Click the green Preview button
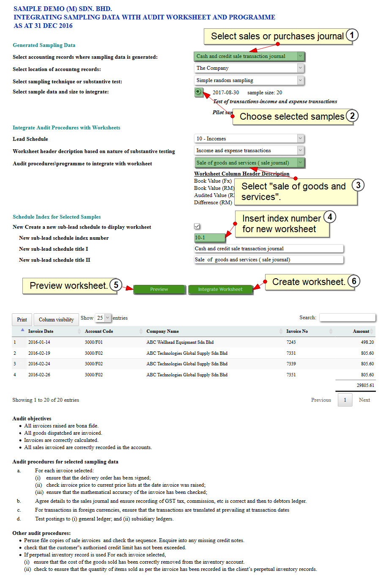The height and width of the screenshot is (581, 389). (159, 289)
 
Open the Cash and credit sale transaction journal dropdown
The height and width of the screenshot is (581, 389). (249, 56)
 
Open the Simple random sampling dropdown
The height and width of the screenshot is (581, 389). (249, 80)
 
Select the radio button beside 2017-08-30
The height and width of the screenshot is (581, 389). (198, 92)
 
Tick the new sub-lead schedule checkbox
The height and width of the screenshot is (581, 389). (197, 227)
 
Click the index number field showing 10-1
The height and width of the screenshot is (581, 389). (209, 238)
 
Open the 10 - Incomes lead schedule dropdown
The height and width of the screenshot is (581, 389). (249, 139)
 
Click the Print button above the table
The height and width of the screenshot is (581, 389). (22, 320)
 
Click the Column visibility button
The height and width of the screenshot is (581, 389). (56, 320)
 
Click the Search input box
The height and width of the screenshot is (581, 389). (347, 318)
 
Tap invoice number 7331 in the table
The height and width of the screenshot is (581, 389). (291, 353)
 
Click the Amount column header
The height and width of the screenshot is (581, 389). (361, 332)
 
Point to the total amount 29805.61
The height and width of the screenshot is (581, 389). (365, 385)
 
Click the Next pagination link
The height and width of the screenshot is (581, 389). (364, 400)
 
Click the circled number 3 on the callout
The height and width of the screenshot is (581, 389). (358, 185)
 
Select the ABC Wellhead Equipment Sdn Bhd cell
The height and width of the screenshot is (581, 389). (180, 342)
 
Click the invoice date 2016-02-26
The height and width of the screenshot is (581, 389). (39, 375)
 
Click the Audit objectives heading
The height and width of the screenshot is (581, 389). (32, 419)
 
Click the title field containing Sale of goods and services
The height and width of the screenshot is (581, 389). (268, 260)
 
